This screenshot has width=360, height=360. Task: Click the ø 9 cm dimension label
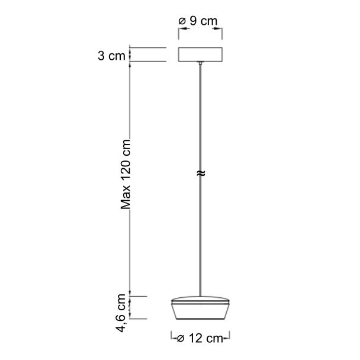coord(198,21)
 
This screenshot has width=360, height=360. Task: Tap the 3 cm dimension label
coord(111,56)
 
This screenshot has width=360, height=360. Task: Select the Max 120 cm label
coord(126,174)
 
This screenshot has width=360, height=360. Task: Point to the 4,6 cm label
coord(121,313)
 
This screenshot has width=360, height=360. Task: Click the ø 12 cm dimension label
coord(200,338)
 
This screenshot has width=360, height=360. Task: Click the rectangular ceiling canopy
coord(200,54)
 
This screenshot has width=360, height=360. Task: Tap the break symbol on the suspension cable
coord(201,173)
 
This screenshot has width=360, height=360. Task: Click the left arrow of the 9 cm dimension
coord(184,28)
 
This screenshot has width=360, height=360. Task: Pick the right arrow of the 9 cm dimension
coord(217,28)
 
